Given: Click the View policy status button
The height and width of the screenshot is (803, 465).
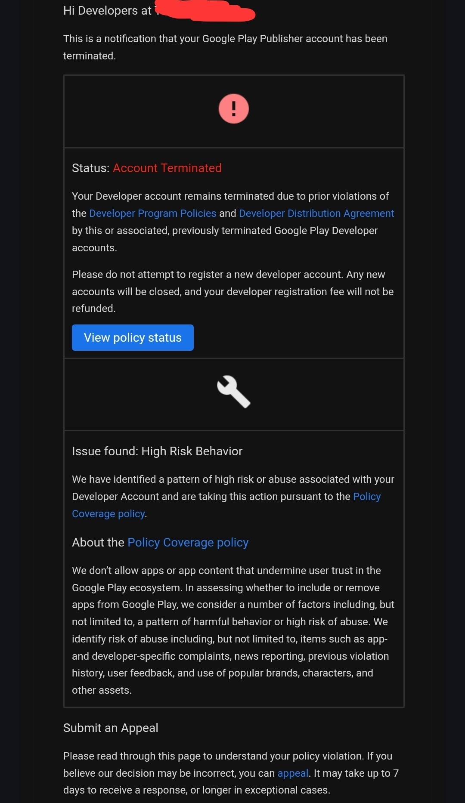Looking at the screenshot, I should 133,338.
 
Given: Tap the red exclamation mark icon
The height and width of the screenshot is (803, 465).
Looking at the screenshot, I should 234,109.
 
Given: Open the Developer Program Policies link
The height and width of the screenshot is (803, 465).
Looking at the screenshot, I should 152,213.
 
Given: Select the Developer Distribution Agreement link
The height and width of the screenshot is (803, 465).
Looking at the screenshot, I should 316,213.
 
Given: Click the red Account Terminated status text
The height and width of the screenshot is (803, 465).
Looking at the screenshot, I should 167,168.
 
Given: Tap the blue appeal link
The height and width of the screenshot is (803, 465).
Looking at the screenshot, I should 293,773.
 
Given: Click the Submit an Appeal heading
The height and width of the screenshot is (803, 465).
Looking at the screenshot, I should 111,728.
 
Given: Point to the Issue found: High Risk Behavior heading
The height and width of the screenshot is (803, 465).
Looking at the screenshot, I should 157,451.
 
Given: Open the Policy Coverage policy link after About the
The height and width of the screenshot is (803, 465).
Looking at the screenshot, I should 188,543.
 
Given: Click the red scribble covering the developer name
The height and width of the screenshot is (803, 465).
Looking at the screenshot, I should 207,11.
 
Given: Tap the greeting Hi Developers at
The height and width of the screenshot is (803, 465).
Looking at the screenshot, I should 107,11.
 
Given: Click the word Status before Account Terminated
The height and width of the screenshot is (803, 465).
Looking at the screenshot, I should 90,168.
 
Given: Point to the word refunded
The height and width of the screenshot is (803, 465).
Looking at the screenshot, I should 93,309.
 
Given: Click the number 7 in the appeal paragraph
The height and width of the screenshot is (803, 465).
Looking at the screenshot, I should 396,773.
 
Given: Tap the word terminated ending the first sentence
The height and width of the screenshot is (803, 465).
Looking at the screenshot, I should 89,56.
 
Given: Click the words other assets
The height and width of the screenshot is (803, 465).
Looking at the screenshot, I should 101,690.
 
